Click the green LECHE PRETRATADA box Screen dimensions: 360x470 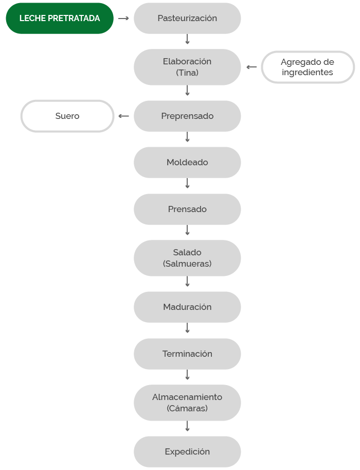pos(60,19)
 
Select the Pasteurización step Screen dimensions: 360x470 pos(187,19)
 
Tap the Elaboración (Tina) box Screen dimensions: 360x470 pos(187,67)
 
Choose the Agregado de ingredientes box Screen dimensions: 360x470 pos(308,67)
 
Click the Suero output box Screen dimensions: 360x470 pos(67,116)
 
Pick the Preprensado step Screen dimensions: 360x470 pos(187,116)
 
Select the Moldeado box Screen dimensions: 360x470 pos(187,163)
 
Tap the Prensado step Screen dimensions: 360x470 pos(187,209)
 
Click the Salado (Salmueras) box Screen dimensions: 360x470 pos(187,258)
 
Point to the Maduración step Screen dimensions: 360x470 pos(187,307)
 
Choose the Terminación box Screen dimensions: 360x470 pos(187,354)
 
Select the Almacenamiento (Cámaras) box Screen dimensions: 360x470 pos(187,403)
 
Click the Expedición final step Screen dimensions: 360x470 pos(187,451)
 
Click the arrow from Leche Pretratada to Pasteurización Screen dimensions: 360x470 pos(123,19)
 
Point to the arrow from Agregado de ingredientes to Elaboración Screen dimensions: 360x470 pos(251,67)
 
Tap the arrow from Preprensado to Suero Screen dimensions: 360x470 pos(124,116)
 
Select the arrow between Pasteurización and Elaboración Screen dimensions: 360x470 pos(188,39)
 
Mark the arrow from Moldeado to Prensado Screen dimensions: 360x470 pos(188,183)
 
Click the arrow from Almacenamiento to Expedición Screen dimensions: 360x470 pos(188,426)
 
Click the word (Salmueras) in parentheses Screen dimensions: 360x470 pos(187,264)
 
